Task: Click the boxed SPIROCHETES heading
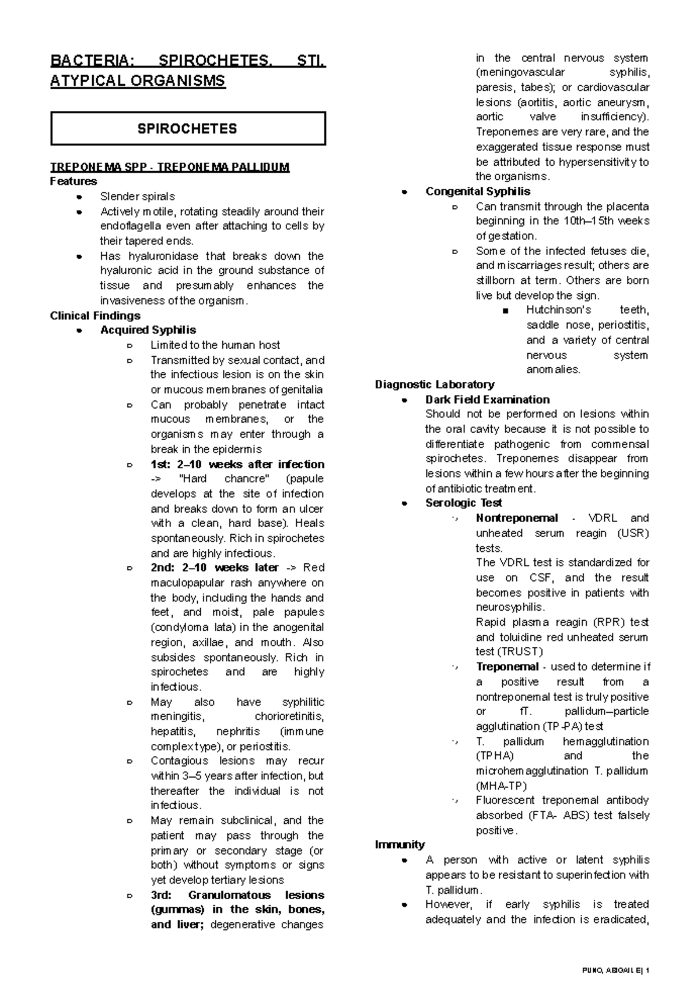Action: point(187,129)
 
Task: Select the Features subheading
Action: point(73,182)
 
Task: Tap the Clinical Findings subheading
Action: point(95,316)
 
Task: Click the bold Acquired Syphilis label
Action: point(148,330)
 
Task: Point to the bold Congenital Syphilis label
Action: point(478,191)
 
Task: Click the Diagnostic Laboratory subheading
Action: point(435,385)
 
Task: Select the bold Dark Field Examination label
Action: point(487,400)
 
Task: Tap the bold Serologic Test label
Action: point(464,503)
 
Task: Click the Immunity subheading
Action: point(400,845)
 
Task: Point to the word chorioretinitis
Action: point(289,716)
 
